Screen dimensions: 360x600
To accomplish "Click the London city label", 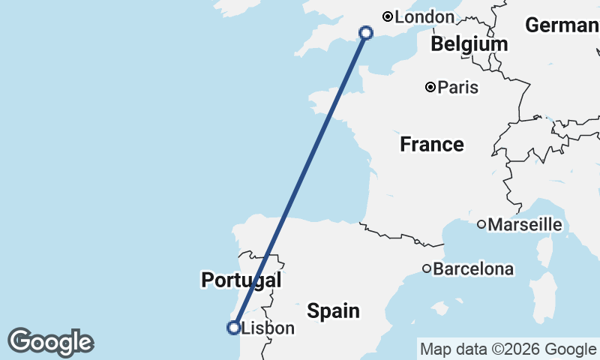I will pos(424,16).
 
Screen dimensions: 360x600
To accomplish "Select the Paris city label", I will pos(457,88).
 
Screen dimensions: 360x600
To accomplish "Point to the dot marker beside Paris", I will pos(430,87).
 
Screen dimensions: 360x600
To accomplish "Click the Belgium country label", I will pos(469,44).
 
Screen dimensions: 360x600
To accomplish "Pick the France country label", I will pos(431,144).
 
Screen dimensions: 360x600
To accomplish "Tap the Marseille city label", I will pos(525,224).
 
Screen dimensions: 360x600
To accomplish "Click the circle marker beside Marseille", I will pos(481,224).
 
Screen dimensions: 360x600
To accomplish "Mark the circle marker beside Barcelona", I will pos(427,268).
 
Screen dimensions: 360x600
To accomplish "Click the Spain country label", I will pos(334,310).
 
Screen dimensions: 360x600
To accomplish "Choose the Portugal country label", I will pos(241,280).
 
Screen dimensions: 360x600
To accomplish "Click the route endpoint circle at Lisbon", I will pos(233,327).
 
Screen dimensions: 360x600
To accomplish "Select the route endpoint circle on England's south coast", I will pos(366,32).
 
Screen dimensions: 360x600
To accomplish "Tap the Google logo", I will pos(50,342).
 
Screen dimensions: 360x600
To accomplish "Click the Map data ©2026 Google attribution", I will pos(508,349).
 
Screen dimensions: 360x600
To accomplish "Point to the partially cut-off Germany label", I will pos(562,25).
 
